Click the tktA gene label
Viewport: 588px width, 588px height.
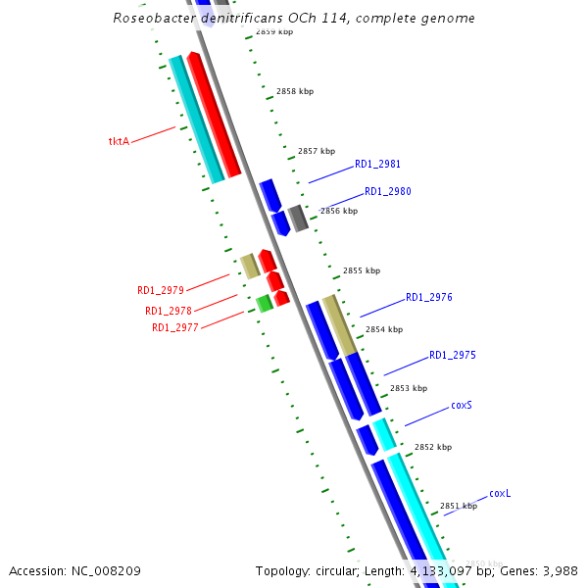(x=119, y=141)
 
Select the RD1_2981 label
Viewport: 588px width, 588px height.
(x=377, y=165)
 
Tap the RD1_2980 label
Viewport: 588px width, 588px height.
(x=388, y=192)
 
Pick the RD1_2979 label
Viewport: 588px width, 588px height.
(x=161, y=291)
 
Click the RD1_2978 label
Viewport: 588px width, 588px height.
(x=169, y=311)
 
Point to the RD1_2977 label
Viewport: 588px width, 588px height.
(x=175, y=327)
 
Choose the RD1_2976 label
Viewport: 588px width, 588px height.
(x=429, y=297)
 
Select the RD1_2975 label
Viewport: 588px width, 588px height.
(x=453, y=355)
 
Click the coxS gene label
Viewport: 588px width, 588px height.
(x=463, y=405)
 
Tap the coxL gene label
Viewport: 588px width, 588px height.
(x=500, y=493)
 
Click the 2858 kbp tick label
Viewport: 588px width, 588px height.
(x=295, y=91)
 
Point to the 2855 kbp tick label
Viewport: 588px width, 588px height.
(x=362, y=270)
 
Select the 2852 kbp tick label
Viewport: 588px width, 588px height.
(x=433, y=447)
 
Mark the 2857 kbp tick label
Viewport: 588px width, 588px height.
(x=317, y=151)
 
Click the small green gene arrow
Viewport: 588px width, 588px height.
(x=265, y=304)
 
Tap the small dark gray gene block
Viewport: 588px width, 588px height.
(x=299, y=218)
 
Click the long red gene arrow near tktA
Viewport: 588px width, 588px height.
(x=214, y=116)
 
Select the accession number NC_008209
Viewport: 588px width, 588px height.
(x=105, y=570)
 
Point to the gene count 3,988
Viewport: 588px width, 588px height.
(x=559, y=570)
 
